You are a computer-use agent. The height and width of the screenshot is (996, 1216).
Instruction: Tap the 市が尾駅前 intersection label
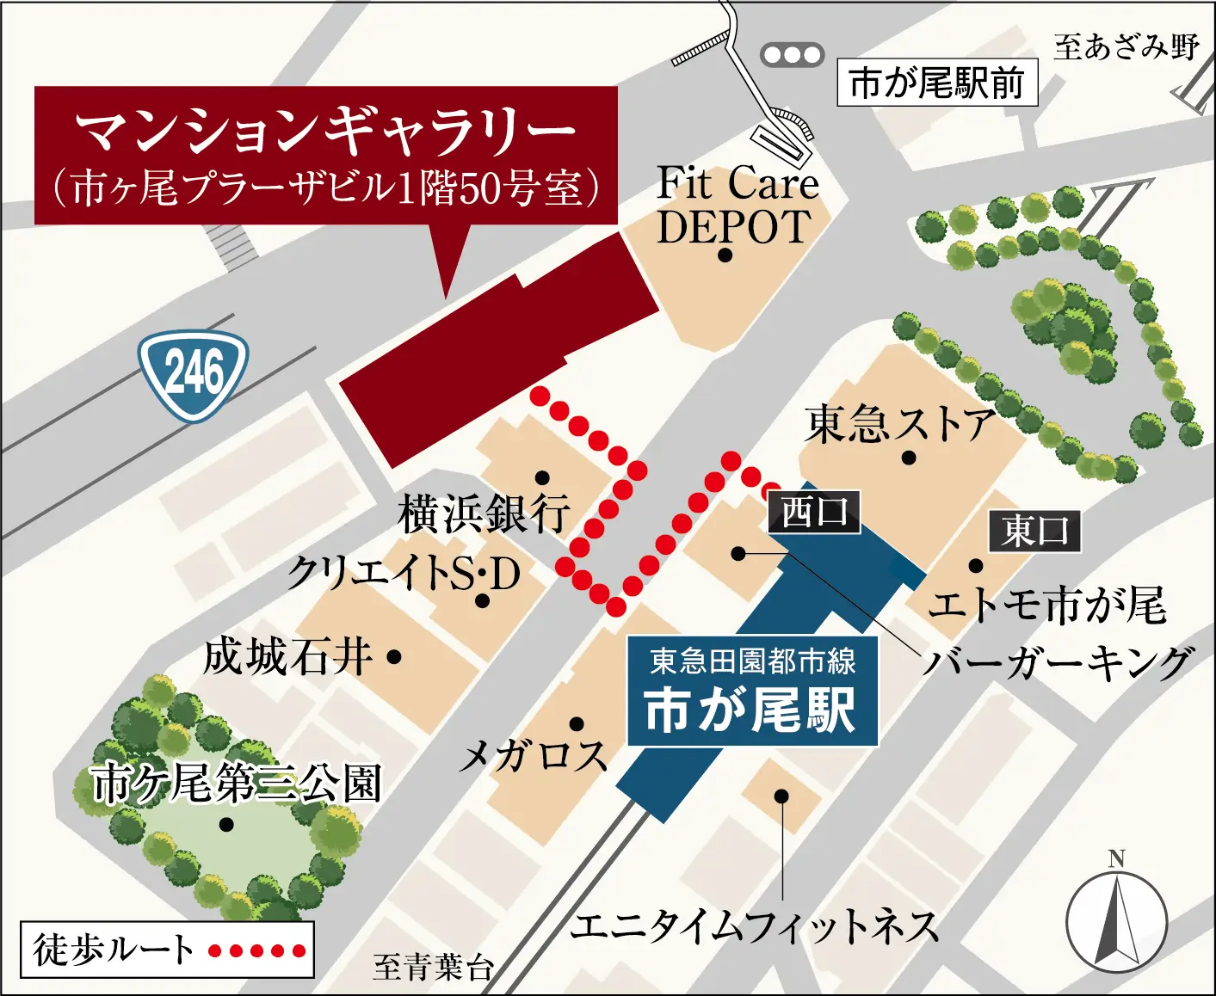pos(937,83)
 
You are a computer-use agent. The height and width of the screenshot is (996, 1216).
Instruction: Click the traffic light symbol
pos(792,55)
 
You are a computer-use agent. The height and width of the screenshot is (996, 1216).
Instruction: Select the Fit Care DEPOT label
pos(736,205)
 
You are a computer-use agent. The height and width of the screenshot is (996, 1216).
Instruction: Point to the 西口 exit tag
pos(813,512)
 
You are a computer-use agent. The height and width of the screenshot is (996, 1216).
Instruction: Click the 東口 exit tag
pos(1034,531)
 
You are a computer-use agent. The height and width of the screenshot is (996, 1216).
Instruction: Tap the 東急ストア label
pos(899,424)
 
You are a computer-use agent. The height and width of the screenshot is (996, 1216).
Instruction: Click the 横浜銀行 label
pos(484,513)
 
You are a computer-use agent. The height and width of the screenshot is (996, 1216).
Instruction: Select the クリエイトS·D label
pos(404,573)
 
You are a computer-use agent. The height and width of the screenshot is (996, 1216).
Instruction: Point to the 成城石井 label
pos(288,657)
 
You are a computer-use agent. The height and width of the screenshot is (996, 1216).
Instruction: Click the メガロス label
pos(534,756)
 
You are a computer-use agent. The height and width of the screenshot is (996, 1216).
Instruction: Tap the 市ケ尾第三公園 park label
pos(236,784)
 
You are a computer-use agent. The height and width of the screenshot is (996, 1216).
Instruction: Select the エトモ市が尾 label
pos(1047,605)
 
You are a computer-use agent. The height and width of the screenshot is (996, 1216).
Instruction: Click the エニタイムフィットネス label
pos(754,926)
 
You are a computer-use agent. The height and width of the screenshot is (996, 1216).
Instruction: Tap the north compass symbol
pos(1116,918)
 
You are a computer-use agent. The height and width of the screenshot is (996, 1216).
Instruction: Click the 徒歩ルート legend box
pos(167,950)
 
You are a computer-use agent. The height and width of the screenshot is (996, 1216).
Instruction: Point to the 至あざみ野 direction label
pos(1126,46)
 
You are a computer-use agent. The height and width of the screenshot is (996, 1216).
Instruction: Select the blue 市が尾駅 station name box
pos(752,692)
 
